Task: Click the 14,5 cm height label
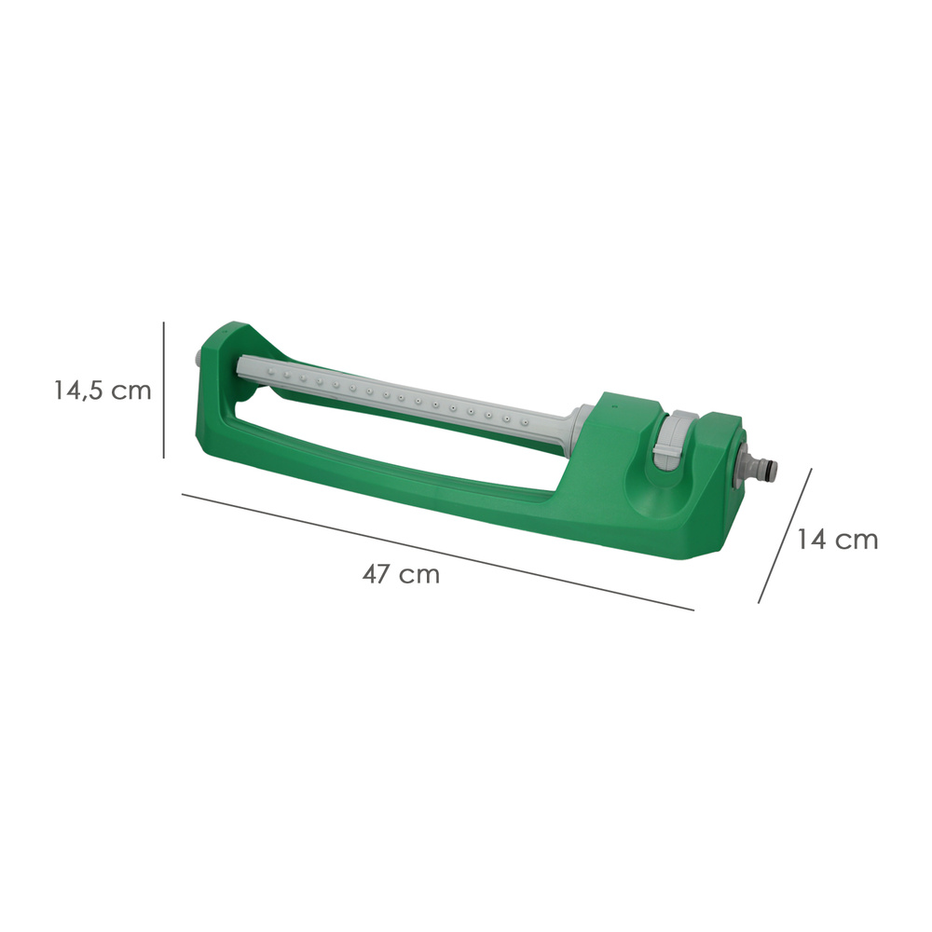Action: (103, 391)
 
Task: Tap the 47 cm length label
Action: (401, 574)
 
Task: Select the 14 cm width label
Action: (837, 540)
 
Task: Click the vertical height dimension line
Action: (163, 390)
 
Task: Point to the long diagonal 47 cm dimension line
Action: (437, 552)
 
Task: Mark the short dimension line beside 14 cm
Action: (785, 536)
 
